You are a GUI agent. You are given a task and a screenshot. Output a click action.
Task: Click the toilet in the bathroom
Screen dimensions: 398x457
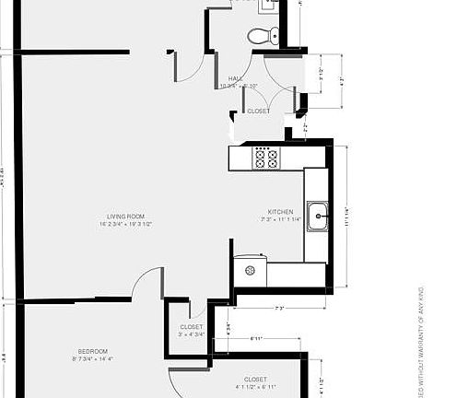(x=263, y=37)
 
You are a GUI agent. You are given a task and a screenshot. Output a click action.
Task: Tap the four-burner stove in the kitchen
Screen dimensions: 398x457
(x=266, y=158)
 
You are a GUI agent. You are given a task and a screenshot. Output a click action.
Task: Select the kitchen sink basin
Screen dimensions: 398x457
(x=318, y=217)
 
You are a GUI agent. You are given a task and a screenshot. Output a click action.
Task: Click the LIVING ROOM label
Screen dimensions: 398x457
(x=125, y=217)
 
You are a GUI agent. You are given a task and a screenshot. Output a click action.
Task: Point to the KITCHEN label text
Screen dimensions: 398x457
(x=280, y=211)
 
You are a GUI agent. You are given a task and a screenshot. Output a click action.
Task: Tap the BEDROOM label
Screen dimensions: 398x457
(x=93, y=351)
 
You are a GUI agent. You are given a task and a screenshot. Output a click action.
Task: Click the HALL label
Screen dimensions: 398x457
(x=234, y=79)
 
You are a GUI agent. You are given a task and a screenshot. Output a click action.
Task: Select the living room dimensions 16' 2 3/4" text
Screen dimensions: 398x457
(x=125, y=224)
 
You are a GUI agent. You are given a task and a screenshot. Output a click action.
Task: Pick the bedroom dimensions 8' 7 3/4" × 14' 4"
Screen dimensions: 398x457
(x=93, y=358)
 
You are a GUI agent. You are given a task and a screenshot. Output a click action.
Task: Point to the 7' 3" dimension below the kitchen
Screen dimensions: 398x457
(x=278, y=308)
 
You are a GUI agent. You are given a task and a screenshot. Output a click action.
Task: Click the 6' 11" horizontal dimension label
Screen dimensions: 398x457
(x=257, y=340)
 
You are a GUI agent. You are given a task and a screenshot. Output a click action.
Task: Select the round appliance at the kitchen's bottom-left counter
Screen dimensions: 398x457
(x=250, y=271)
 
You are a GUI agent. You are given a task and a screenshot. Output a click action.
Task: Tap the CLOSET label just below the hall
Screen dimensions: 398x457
(x=259, y=111)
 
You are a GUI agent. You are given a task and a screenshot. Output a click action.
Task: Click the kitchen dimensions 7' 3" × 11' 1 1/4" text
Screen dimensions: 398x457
(x=280, y=219)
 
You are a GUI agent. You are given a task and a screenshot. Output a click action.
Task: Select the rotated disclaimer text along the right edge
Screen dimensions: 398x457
(x=423, y=341)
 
